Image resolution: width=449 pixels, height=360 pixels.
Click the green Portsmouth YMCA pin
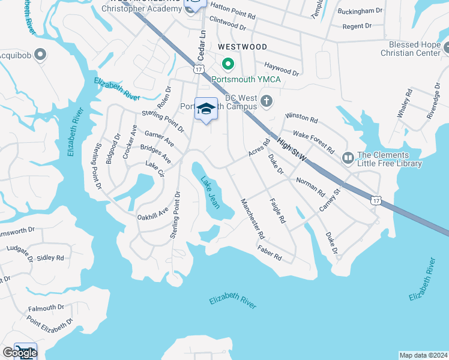[x=228, y=62]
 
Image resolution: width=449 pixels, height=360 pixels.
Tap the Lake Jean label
[x=209, y=192]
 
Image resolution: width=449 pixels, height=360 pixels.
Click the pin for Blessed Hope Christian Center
[x=445, y=46]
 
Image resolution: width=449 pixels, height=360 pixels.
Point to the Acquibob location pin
[x=40, y=56]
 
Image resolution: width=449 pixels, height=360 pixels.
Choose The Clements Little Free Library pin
[x=348, y=158]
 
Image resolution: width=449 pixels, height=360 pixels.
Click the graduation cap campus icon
[x=206, y=109]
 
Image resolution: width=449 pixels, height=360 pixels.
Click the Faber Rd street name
[x=270, y=253]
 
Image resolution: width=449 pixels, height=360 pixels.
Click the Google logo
[x=19, y=353]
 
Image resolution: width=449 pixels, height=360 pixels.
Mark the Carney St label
[x=330, y=200]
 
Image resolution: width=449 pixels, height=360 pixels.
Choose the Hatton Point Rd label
[x=233, y=7]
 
